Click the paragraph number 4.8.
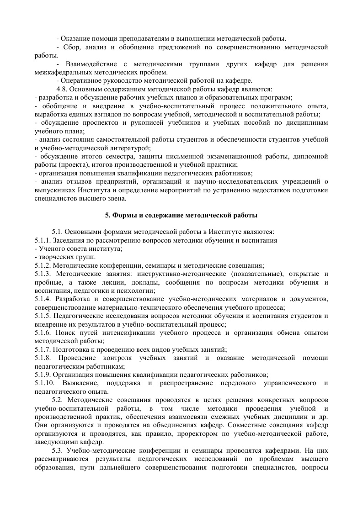pos(63,89)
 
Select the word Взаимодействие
pos(89,64)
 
